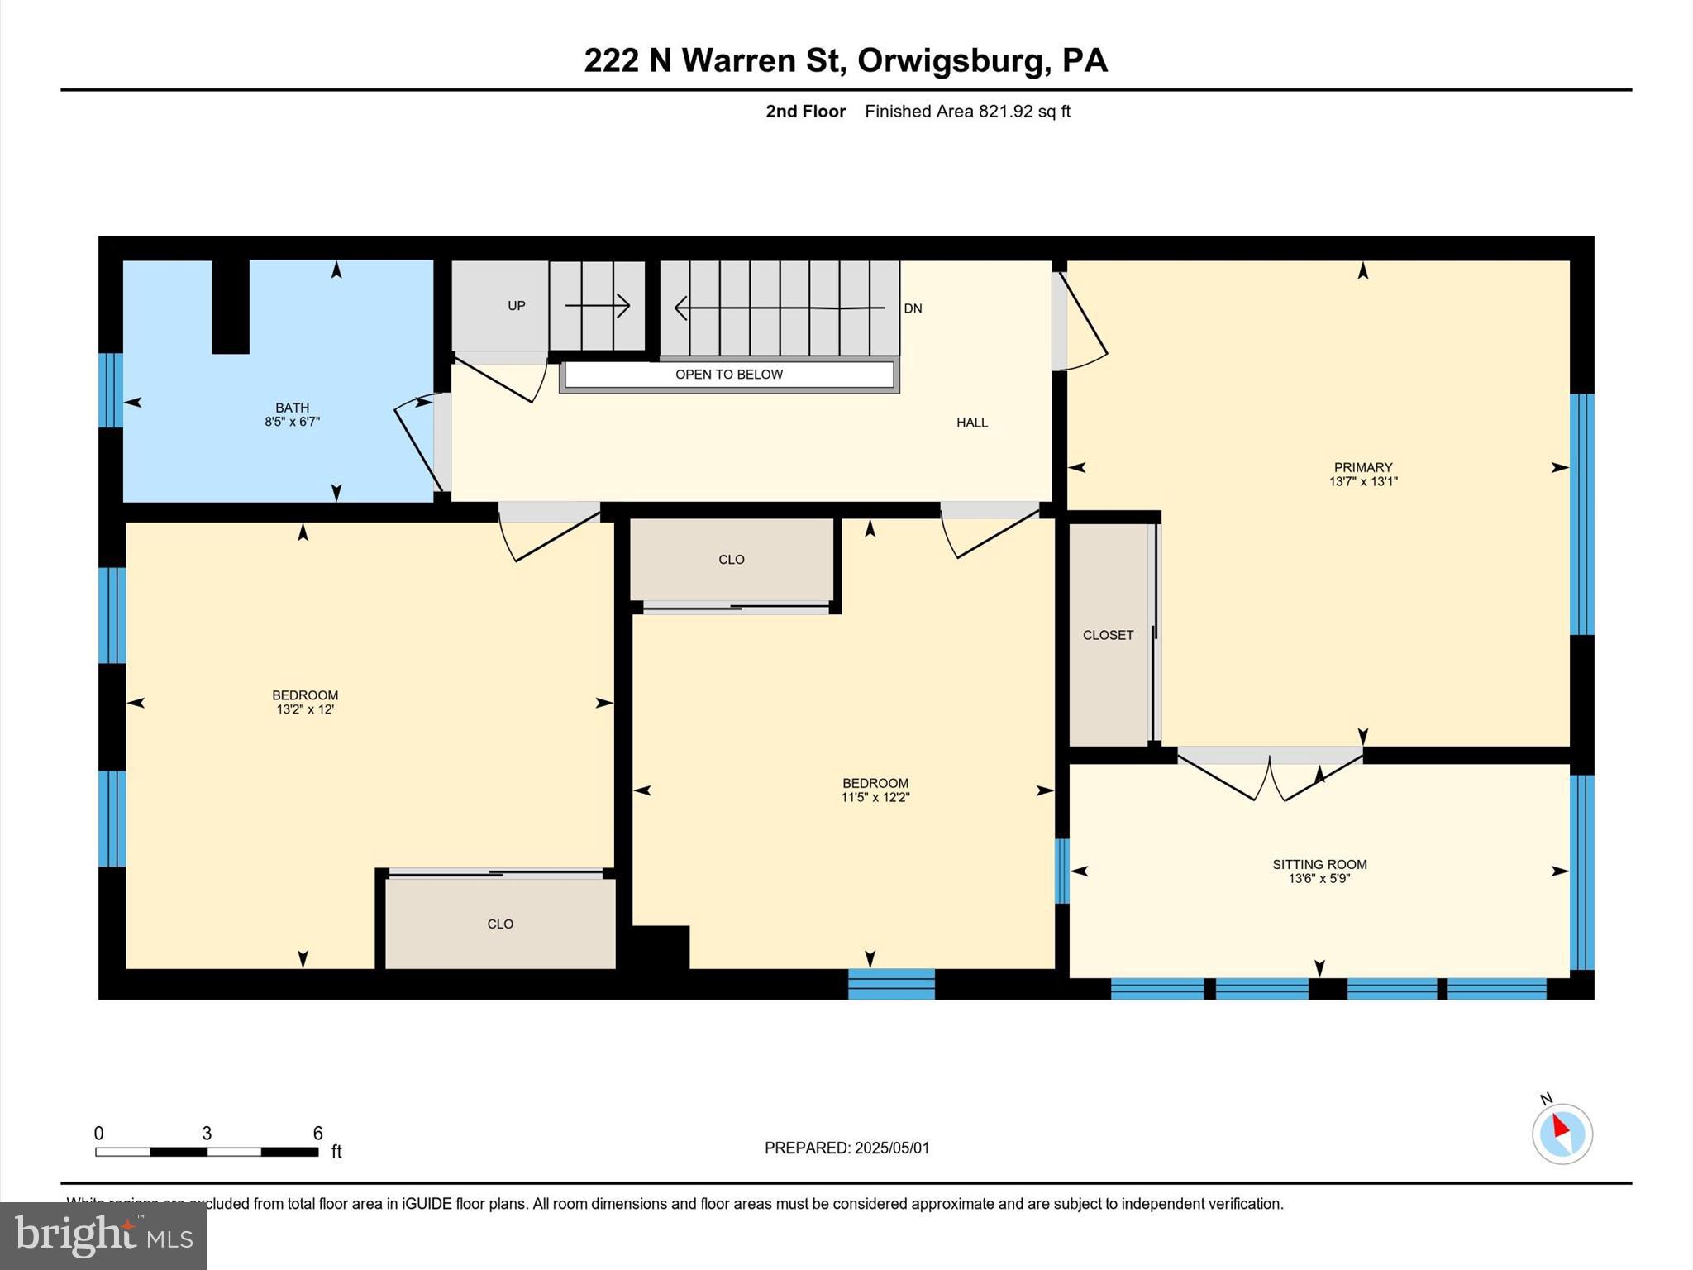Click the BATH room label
tap(292, 408)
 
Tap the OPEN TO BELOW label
tap(728, 375)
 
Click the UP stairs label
tap(517, 306)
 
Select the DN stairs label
tap(913, 308)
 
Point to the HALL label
tap(972, 423)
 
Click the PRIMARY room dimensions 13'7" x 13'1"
tap(1362, 481)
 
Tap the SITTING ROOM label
tap(1319, 864)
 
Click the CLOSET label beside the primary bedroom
tap(1108, 635)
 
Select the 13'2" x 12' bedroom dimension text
tap(305, 709)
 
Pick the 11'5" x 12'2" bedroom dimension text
tap(875, 797)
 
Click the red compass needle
tap(1560, 1126)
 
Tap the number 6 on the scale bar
tap(317, 1134)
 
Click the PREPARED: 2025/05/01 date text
tap(846, 1148)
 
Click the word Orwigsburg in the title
tap(951, 60)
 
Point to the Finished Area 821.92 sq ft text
tap(967, 112)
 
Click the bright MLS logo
tap(103, 1235)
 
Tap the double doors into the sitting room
tap(1271, 777)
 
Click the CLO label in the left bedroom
tap(500, 924)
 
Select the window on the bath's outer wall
tap(110, 390)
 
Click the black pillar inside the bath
tap(231, 306)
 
